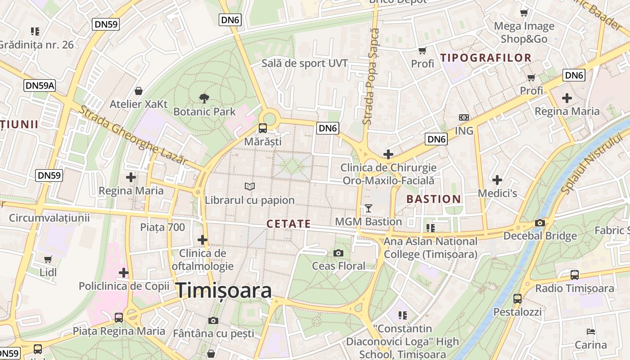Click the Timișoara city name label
[x=224, y=290]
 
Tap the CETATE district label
[x=288, y=224]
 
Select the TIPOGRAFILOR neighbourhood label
[x=486, y=58]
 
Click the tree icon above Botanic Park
[x=204, y=98]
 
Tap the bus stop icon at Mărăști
[x=262, y=128]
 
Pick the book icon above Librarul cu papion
[x=249, y=186]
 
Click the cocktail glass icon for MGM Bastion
[x=369, y=208]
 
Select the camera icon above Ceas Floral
[x=338, y=253]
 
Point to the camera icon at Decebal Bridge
[x=540, y=223]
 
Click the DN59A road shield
[x=40, y=85]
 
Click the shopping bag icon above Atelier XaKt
[x=139, y=91]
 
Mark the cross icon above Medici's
[x=497, y=180]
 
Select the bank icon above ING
[x=463, y=117]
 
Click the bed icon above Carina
[x=591, y=332]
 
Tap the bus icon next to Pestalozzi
[x=517, y=298]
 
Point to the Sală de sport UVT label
[x=305, y=63]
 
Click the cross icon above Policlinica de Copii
[x=124, y=273]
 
